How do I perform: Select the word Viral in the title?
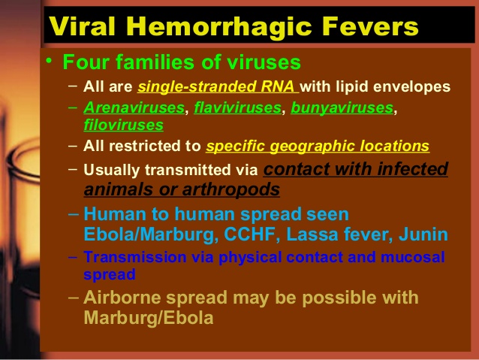pos(82,26)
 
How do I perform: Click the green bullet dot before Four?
pos(49,60)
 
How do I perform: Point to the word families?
pos(156,62)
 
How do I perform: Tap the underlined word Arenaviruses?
pos(134,107)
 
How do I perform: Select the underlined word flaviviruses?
pos(238,107)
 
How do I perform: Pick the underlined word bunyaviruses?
pos(342,108)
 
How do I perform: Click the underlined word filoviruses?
pos(124,125)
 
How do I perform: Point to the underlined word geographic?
pos(312,147)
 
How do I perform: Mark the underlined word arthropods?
pos(231,190)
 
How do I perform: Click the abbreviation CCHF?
pos(250,234)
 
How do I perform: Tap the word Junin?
pos(423,234)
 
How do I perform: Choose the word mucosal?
pos(412,257)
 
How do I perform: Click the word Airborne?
pos(122,298)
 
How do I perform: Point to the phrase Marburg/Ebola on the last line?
pos(149,318)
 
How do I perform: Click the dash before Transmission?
pos(74,256)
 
